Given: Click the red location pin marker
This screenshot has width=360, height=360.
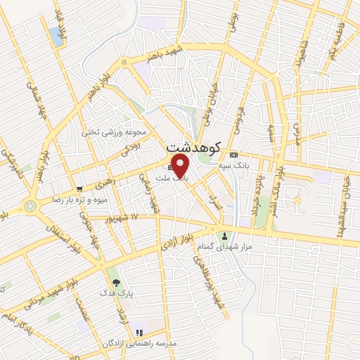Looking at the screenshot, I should pos(181,167).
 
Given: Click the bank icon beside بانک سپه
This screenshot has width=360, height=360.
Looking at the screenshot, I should pos(234,155).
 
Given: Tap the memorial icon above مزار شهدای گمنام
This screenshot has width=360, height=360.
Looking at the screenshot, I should pos(225,236).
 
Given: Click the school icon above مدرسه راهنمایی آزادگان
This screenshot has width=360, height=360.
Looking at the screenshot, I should pos(139,332).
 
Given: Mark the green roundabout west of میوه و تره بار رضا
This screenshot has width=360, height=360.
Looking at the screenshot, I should pos(30,206).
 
